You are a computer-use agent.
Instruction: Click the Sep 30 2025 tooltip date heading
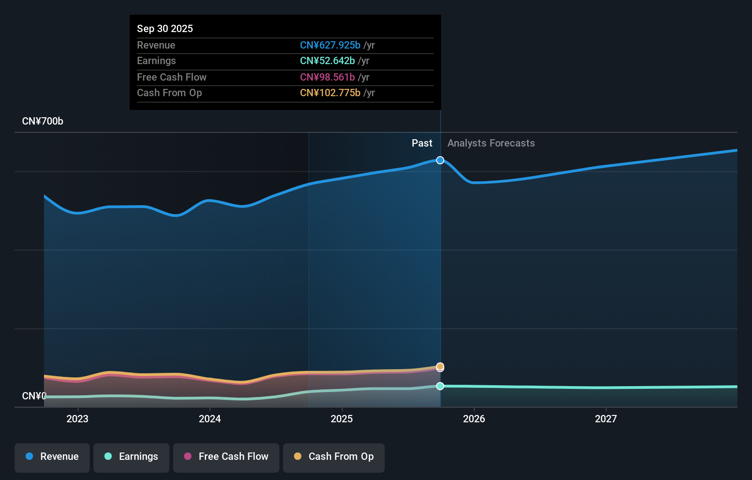pyautogui.click(x=165, y=28)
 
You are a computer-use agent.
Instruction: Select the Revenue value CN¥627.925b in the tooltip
pyautogui.click(x=330, y=45)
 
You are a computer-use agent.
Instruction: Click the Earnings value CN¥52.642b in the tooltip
pyautogui.click(x=327, y=60)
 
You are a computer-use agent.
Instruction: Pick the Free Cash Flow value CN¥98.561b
pyautogui.click(x=327, y=77)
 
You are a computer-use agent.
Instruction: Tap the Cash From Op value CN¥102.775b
pyautogui.click(x=330, y=93)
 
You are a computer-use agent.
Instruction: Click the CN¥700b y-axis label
pyautogui.click(x=43, y=121)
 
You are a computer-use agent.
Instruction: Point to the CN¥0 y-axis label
pyautogui.click(x=34, y=396)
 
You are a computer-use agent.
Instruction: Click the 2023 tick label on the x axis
pyautogui.click(x=77, y=419)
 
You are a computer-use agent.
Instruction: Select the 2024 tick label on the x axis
pyautogui.click(x=210, y=419)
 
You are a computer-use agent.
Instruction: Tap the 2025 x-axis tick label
pyautogui.click(x=342, y=419)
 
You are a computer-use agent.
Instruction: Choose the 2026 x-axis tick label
pyautogui.click(x=474, y=419)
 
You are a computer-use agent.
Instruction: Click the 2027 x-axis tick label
pyautogui.click(x=606, y=419)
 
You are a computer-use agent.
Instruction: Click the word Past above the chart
pyautogui.click(x=422, y=143)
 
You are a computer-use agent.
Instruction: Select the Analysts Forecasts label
pyautogui.click(x=491, y=143)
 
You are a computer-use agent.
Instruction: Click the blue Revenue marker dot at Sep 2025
pyautogui.click(x=440, y=160)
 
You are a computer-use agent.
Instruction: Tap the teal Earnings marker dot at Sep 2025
pyautogui.click(x=440, y=386)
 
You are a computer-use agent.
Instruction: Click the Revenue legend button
pyautogui.click(x=52, y=457)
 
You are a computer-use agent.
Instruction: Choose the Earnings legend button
pyautogui.click(x=131, y=457)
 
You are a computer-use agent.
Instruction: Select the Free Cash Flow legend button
pyautogui.click(x=226, y=457)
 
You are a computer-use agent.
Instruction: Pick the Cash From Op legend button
pyautogui.click(x=334, y=457)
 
